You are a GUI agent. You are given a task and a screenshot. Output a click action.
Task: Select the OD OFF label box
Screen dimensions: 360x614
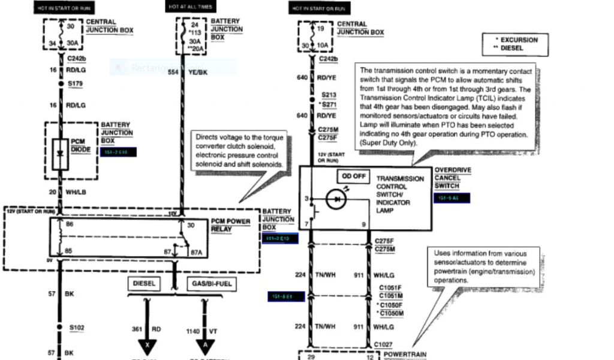[x=354, y=176]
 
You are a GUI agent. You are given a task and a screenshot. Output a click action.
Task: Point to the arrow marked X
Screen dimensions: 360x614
[x=146, y=346]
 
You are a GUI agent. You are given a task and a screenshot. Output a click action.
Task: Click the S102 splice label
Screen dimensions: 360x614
[x=77, y=328]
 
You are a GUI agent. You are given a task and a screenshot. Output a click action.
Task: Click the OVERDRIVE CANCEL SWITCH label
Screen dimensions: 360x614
[x=453, y=178]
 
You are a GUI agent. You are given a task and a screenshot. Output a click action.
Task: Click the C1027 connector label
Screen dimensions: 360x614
[x=384, y=344]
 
